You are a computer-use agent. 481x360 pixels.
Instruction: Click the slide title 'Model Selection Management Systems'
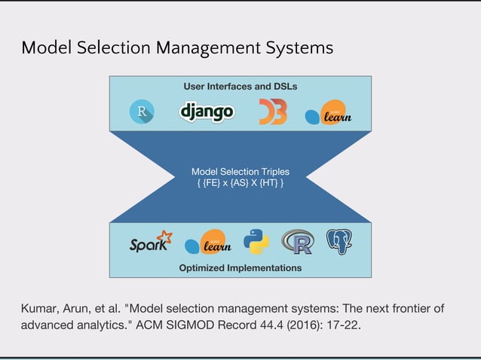[x=177, y=48]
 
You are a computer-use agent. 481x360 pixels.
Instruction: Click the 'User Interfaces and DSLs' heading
[x=240, y=87]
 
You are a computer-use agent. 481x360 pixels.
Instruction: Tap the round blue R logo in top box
[x=142, y=113]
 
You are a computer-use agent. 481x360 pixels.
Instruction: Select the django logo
[x=207, y=111]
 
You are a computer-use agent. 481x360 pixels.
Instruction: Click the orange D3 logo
[x=272, y=112]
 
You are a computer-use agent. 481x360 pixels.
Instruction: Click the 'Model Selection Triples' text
[x=240, y=171]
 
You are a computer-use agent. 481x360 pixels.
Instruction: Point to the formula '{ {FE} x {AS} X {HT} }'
[x=240, y=183]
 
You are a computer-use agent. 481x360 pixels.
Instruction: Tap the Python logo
[x=256, y=242]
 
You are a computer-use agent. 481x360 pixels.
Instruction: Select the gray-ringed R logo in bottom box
[x=297, y=242]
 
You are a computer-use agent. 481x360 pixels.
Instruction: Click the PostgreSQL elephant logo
[x=339, y=241]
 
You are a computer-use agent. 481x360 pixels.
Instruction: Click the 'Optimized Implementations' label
[x=240, y=267]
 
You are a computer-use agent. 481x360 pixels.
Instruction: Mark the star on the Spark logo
[x=165, y=236]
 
